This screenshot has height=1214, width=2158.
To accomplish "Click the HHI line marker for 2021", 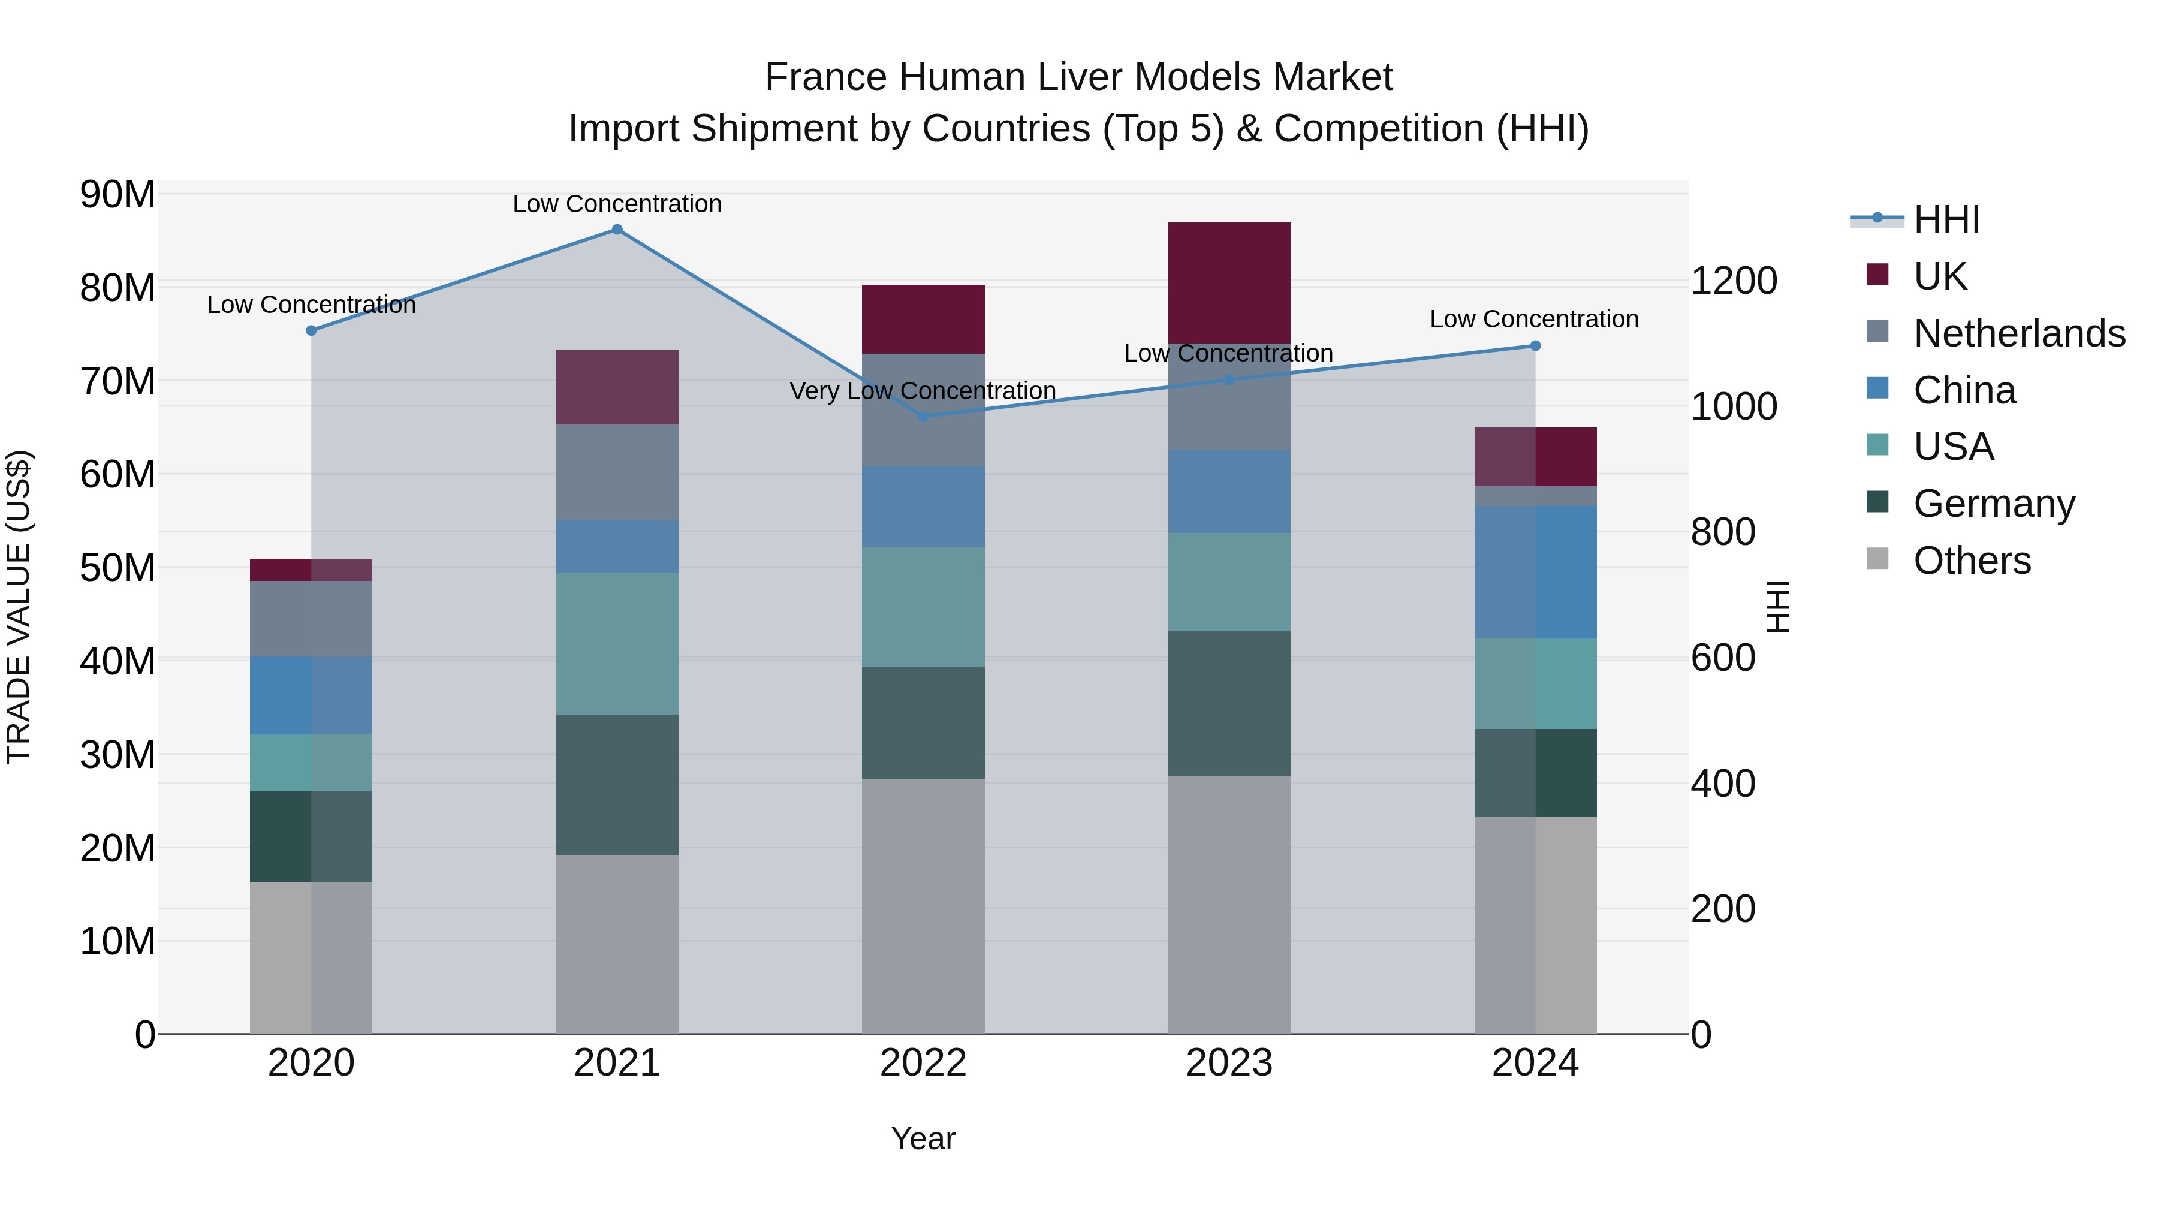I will tap(617, 230).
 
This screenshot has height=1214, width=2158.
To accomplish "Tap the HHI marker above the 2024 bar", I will tap(1535, 346).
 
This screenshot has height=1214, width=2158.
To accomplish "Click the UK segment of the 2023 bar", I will tap(1229, 282).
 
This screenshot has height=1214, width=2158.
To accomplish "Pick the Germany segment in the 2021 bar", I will tap(617, 784).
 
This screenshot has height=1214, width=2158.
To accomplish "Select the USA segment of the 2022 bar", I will tap(923, 607).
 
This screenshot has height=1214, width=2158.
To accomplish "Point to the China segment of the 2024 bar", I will tap(1535, 573).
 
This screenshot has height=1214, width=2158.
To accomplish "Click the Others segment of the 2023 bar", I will tap(1229, 904).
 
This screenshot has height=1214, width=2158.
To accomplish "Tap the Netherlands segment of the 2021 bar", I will tap(617, 472).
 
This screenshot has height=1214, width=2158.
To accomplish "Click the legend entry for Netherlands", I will tap(2019, 333).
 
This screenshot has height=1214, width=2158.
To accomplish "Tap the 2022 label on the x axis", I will tap(923, 1063).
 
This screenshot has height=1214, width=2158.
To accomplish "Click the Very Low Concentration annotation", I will tap(923, 391).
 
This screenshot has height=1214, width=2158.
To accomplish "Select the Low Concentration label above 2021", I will tap(617, 204).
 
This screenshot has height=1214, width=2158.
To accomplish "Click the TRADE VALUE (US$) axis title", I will tap(19, 607).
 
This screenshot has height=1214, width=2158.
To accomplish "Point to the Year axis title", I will tap(923, 1138).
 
